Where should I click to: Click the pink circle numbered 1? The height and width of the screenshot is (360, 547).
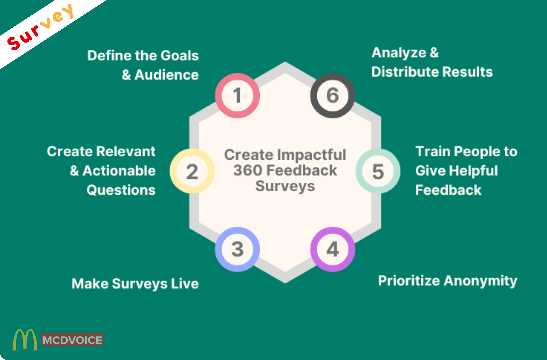point(237,96)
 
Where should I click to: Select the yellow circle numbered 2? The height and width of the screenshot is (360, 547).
point(192,171)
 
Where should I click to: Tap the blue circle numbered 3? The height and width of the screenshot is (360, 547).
point(237,249)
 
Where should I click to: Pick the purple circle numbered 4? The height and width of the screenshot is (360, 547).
point(332,249)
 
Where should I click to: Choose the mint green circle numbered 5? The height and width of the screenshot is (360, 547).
point(378,171)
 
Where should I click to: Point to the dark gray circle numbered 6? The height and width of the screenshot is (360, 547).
point(332,96)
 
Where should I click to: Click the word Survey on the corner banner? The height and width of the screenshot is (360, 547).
point(40,27)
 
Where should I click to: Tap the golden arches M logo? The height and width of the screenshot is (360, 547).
point(25,340)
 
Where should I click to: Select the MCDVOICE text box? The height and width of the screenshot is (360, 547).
point(72,340)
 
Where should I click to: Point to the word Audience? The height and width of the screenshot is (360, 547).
point(167,75)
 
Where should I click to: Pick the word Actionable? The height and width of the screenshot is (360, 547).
point(119,171)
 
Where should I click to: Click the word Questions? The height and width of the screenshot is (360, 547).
point(121,190)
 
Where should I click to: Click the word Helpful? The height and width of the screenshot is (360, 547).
point(473,171)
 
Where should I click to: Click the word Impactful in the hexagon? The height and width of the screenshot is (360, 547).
point(312,155)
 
